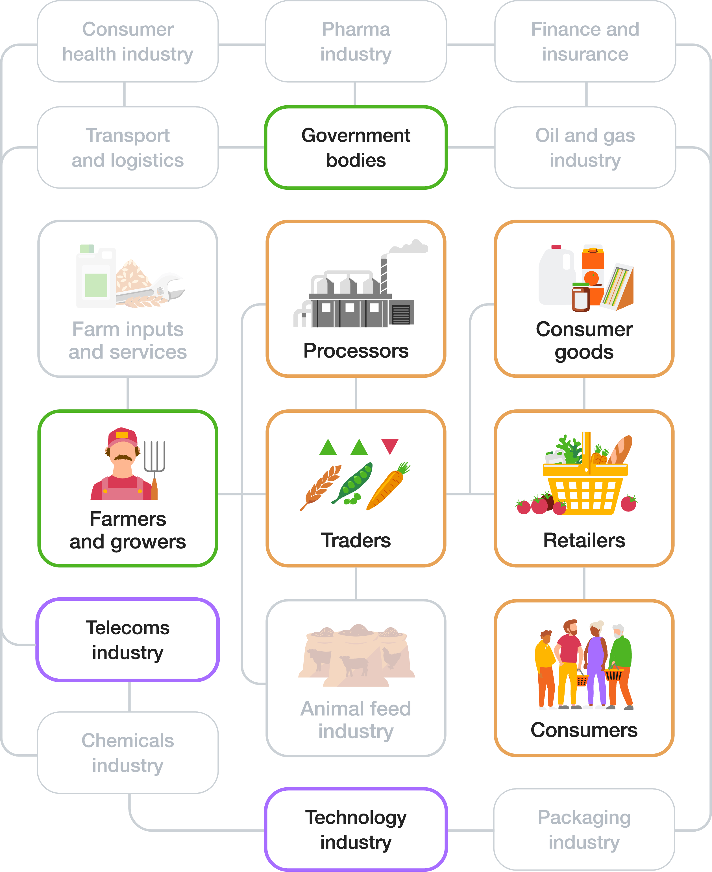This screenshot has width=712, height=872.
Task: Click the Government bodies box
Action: pyautogui.click(x=356, y=148)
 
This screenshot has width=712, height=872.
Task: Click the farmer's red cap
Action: pyautogui.click(x=122, y=437)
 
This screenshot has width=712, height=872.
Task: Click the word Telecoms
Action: pyautogui.click(x=128, y=628)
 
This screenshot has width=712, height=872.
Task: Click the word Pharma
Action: pyautogui.click(x=356, y=30)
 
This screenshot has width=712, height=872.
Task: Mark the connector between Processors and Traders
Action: pyautogui.click(x=356, y=394)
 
